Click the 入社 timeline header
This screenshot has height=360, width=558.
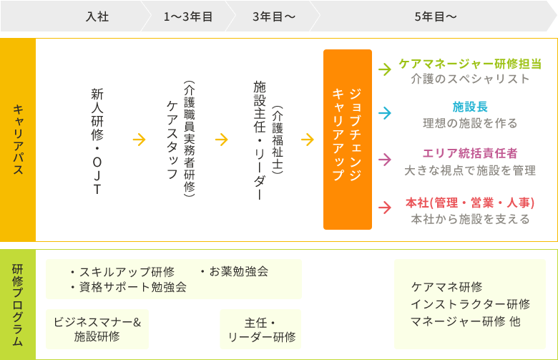pyautogui.click(x=97, y=16)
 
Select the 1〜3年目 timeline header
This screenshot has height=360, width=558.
pyautogui.click(x=188, y=16)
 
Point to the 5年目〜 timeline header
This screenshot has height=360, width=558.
pyautogui.click(x=435, y=16)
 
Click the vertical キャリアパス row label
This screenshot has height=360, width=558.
pyautogui.click(x=18, y=140)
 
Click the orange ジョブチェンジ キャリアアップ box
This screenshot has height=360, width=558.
pyautogui.click(x=348, y=140)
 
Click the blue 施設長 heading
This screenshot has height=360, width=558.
pyautogui.click(x=470, y=107)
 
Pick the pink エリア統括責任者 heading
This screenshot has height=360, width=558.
pyautogui.click(x=470, y=153)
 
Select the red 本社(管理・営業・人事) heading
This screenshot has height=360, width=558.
pyautogui.click(x=470, y=203)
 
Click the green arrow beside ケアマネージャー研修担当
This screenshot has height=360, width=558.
pyautogui.click(x=384, y=70)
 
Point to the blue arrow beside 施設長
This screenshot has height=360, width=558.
pyautogui.click(x=384, y=114)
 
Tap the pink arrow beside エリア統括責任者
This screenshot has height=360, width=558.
pyautogui.click(x=384, y=160)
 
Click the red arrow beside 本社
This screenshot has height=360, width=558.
pyautogui.click(x=384, y=208)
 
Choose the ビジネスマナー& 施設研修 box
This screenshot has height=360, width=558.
pyautogui.click(x=97, y=329)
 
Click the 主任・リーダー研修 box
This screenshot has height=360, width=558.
pyautogui.click(x=260, y=329)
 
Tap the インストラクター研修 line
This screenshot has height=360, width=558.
pyautogui.click(x=470, y=304)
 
